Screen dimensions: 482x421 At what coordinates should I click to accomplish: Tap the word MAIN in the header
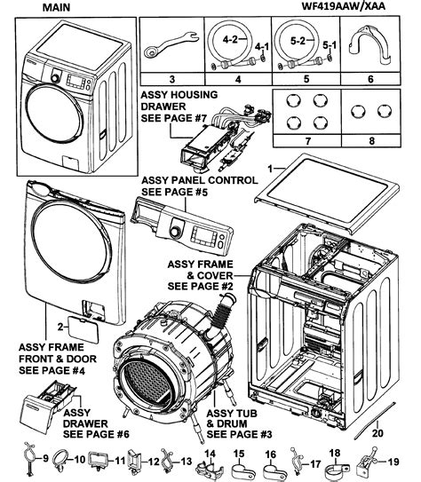pyautogui.click(x=37, y=8)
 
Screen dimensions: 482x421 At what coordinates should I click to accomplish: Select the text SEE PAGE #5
pyautogui.click(x=173, y=192)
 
